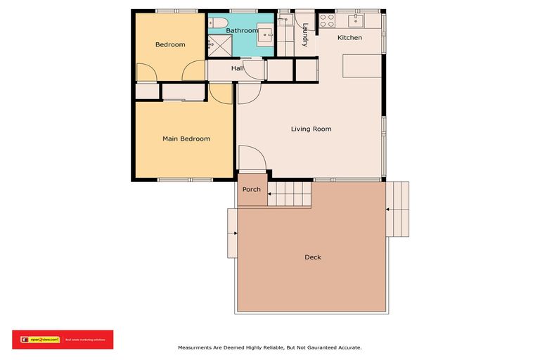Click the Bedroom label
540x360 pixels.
click(170, 45)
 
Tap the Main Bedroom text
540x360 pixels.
click(186, 139)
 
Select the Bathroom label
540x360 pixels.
click(243, 30)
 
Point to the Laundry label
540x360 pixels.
click(305, 35)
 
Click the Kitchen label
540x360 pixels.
click(349, 37)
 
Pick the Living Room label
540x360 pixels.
click(311, 129)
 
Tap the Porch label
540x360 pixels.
click(251, 190)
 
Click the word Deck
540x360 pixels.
click(313, 257)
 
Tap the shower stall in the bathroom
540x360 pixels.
click(220, 45)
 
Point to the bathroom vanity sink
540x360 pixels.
click(266, 33)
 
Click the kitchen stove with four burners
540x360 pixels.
click(327, 20)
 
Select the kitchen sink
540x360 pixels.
click(356, 19)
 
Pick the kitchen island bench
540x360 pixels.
click(361, 67)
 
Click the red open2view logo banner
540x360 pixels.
click(63, 340)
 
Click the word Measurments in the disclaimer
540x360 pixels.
click(197, 347)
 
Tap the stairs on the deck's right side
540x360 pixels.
click(398, 209)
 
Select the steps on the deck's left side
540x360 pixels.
click(232, 233)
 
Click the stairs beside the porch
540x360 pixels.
click(289, 192)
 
